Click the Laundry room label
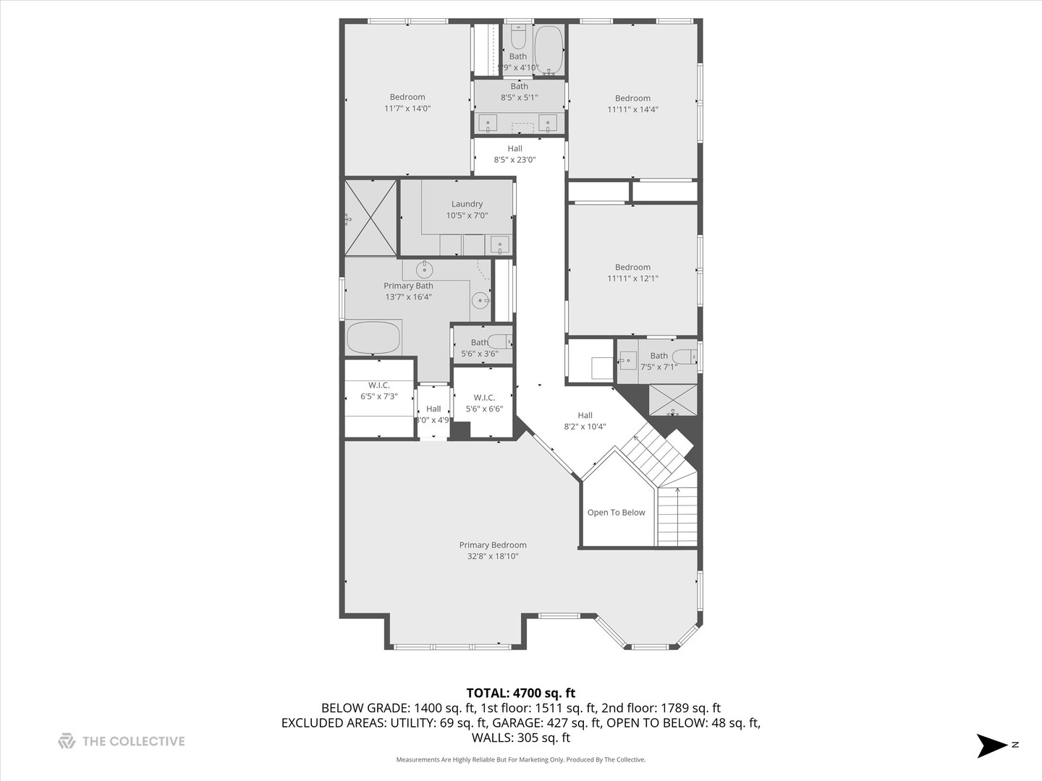467,205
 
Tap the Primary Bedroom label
493,545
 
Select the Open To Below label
616,513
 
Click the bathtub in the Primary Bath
373,337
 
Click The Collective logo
122,741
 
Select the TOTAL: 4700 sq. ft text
520,693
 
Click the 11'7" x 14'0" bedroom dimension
407,108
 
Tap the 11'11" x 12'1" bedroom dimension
632,278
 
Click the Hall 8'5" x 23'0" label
514,154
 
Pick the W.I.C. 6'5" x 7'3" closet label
379,390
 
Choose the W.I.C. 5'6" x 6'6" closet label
484,403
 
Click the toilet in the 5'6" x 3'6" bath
499,341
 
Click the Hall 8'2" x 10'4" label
585,421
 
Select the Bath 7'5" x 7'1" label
658,361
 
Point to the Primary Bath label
408,286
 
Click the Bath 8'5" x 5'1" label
519,92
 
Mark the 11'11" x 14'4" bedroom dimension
632,110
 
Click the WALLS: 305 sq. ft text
520,738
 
